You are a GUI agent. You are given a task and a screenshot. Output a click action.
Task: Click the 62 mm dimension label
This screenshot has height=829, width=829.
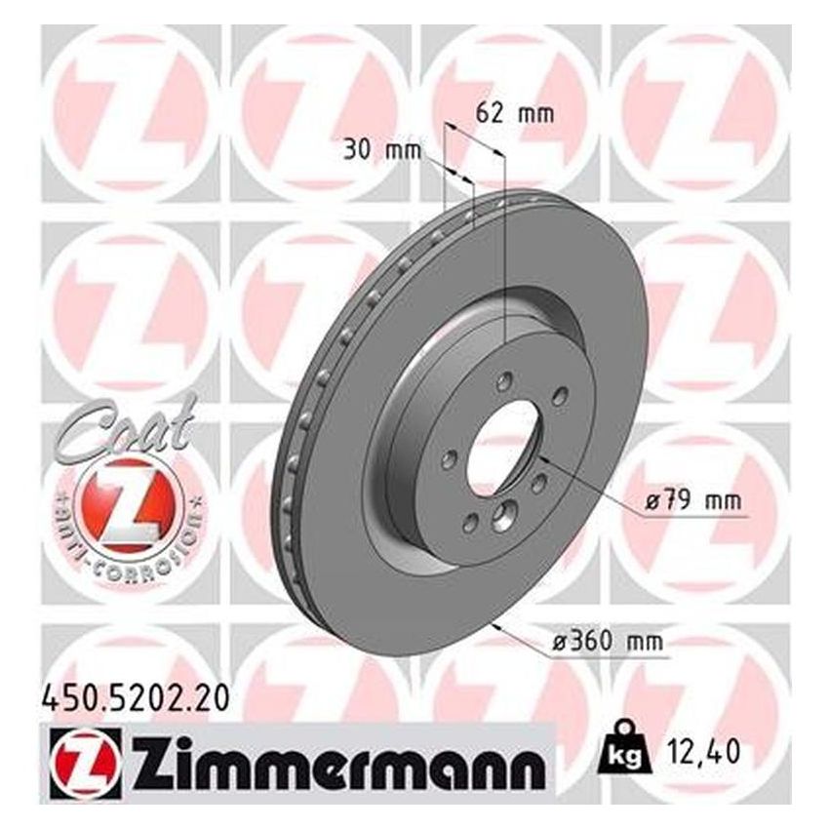coord(513,113)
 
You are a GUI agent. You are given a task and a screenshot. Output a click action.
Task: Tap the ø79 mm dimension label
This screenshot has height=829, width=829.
coord(693,502)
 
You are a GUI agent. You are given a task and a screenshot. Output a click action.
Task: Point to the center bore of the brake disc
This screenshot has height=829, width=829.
coord(501,446)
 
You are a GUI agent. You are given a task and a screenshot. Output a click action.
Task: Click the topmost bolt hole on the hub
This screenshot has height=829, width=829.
coord(503,381)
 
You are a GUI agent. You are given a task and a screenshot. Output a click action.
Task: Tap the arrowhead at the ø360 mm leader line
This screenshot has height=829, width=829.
coord(499,624)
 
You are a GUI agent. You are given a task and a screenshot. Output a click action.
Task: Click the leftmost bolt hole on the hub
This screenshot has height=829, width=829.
coord(449,458)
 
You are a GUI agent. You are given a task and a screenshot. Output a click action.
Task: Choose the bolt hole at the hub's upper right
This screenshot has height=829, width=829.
coord(558,395)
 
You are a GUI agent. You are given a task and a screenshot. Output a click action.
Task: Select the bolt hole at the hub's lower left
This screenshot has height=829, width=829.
coord(469,523)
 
